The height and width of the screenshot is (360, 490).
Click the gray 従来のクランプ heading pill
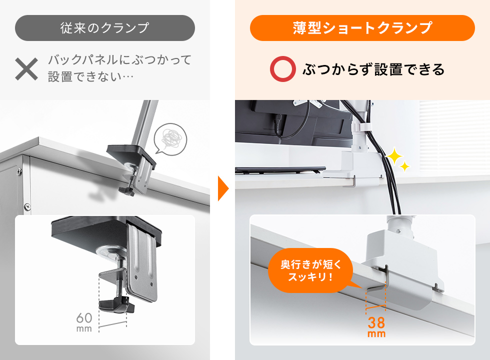pyautogui.click(x=104, y=28)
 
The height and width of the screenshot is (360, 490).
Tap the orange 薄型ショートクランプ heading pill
pyautogui.click(x=362, y=28)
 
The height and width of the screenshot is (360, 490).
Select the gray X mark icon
pyautogui.click(x=26, y=69)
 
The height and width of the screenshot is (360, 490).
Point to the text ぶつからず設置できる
pyautogui.click(x=373, y=69)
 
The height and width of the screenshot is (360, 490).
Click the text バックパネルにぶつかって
pyautogui.click(x=119, y=60)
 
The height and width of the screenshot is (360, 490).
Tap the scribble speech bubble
pyautogui.click(x=170, y=137)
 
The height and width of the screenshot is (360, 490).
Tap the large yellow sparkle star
pyautogui.click(x=394, y=157)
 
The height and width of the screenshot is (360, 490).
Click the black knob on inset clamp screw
pyautogui.click(x=115, y=304)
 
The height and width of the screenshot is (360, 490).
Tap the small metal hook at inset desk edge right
pyautogui.click(x=438, y=288)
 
